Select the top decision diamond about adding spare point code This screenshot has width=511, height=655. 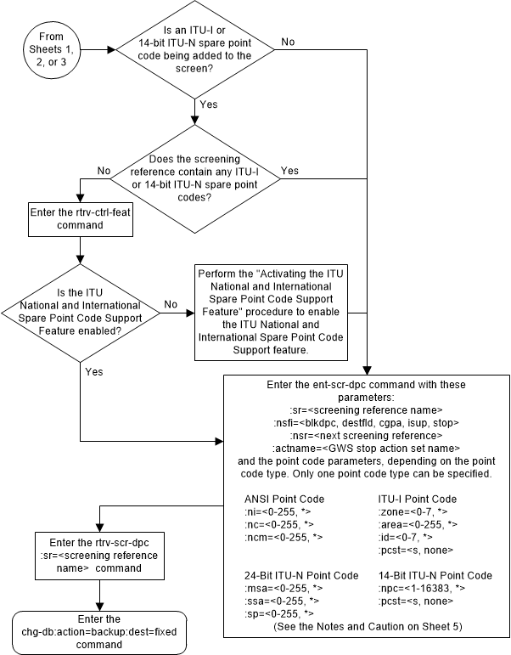195,48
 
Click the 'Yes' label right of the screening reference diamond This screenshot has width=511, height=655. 289,170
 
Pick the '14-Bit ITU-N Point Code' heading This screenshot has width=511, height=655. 434,575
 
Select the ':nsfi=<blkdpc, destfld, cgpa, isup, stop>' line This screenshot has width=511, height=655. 364,422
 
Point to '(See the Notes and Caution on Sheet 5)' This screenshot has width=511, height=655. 364,626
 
